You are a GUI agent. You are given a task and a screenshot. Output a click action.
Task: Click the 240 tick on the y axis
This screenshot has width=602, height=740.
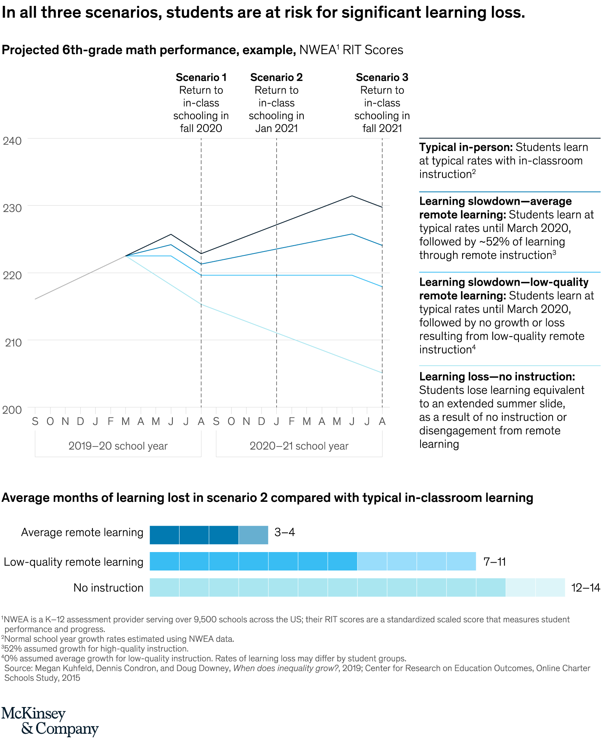(x=12, y=140)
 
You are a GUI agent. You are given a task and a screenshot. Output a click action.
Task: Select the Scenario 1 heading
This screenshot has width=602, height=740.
(x=201, y=77)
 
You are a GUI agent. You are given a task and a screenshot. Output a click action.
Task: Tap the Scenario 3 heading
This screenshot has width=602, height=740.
(x=382, y=77)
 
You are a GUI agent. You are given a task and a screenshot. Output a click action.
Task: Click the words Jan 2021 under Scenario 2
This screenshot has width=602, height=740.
(x=276, y=128)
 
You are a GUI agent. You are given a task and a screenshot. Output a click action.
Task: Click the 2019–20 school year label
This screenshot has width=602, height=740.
(x=118, y=446)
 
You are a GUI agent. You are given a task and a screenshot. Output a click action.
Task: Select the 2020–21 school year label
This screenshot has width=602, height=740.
(x=299, y=446)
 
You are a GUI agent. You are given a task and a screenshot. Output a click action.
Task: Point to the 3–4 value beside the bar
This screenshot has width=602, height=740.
(x=285, y=532)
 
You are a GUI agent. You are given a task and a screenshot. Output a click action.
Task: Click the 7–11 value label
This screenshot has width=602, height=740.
(x=495, y=562)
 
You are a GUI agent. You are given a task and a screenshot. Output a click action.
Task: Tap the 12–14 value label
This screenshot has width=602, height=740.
(x=586, y=588)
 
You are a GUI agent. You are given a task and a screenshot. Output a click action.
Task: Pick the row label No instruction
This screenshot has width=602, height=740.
(x=108, y=588)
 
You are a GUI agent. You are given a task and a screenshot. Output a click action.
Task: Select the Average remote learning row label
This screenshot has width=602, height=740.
(x=82, y=532)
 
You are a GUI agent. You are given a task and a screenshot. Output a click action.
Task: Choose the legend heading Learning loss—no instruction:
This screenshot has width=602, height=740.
(x=497, y=377)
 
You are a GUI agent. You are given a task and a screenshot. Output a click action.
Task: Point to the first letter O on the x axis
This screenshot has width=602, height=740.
(x=50, y=422)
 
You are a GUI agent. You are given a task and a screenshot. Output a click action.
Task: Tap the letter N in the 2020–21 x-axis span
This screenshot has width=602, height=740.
(x=246, y=422)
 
